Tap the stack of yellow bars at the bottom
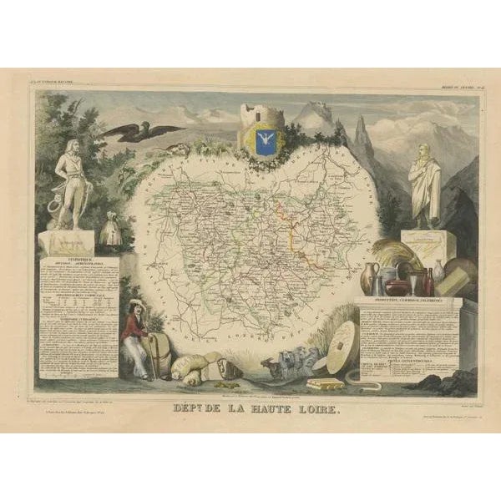(325, 383)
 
